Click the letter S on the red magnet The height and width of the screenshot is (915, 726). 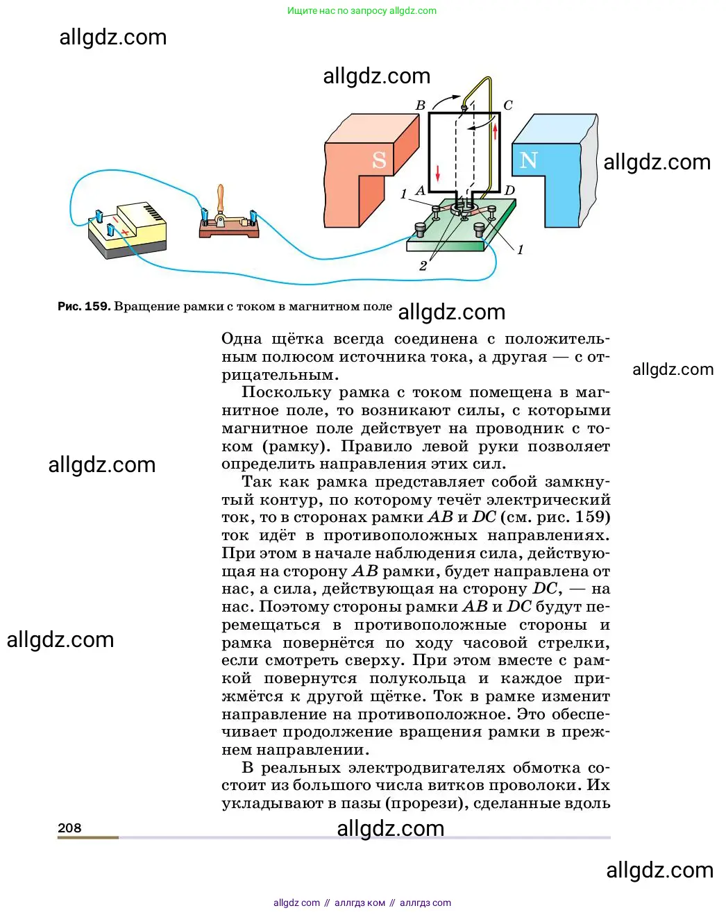(x=379, y=160)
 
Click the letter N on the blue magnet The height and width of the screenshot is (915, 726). (x=529, y=160)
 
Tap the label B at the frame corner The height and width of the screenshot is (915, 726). (x=420, y=106)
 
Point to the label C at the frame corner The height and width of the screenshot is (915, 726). (x=508, y=106)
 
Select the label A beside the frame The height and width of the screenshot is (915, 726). (x=420, y=191)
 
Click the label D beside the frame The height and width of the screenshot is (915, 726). (x=509, y=191)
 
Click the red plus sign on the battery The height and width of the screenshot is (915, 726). (x=125, y=231)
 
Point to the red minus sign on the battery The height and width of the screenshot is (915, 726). (x=115, y=219)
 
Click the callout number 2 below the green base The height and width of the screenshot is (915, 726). (x=423, y=266)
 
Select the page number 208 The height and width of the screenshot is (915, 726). (x=69, y=828)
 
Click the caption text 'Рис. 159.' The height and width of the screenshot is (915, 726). (x=83, y=306)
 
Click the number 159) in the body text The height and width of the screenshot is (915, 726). (x=593, y=517)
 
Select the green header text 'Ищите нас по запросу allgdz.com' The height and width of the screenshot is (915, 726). (x=362, y=10)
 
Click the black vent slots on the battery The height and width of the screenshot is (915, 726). (x=154, y=212)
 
